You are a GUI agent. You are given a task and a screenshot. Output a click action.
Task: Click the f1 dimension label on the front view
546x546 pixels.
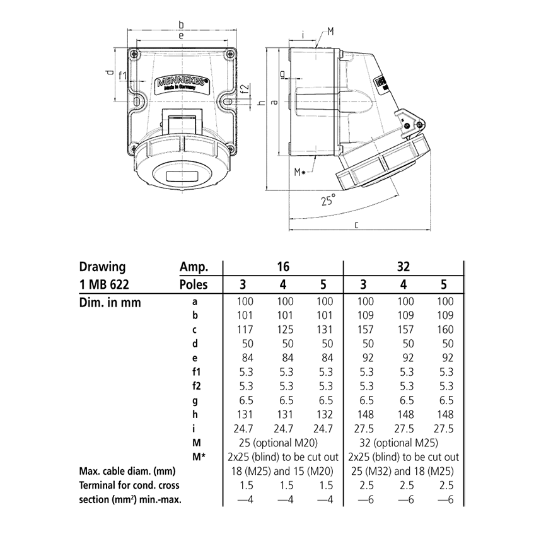pos(123,76)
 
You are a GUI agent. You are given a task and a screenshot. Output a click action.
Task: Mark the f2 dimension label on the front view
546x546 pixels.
pos(245,88)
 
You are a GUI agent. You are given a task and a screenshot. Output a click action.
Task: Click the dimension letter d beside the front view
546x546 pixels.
pos(109,74)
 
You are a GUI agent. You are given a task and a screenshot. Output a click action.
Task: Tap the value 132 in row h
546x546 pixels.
pos(325,415)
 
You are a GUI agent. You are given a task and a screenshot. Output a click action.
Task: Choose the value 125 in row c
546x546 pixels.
pos(285,330)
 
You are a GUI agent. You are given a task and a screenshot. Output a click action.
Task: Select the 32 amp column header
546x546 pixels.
pos(404,267)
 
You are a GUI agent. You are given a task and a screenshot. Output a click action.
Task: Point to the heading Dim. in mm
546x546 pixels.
pos(110,303)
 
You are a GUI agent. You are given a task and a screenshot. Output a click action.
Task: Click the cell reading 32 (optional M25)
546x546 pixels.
pos(404,443)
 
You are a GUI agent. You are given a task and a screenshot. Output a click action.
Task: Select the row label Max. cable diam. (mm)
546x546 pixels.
pos(127,472)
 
